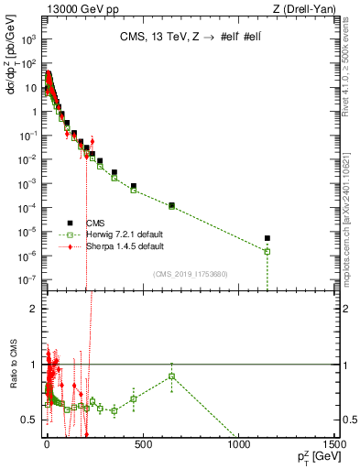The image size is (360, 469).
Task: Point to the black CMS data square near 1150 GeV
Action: [267, 239]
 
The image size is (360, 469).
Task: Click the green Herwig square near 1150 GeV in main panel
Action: [267, 251]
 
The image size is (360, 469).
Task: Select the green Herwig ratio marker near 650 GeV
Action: [171, 376]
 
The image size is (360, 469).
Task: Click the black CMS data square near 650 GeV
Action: [171, 205]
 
